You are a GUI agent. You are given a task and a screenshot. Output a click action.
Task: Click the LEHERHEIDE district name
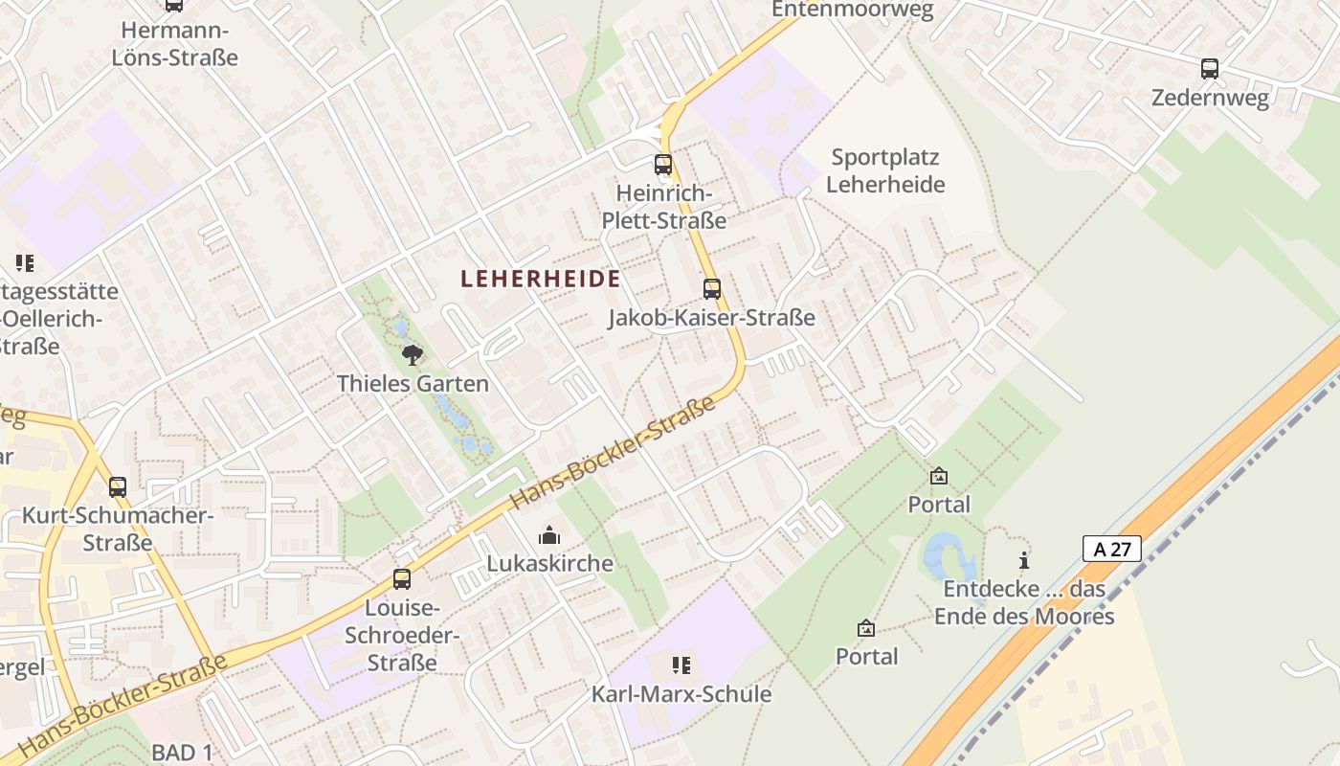click(540, 279)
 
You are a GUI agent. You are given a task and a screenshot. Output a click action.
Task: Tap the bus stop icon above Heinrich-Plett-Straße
click(663, 164)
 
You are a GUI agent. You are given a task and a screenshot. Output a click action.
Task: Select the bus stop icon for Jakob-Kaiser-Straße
click(711, 288)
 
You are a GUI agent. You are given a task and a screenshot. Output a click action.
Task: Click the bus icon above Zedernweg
click(1210, 68)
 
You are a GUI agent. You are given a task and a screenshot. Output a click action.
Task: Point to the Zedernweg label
click(1210, 98)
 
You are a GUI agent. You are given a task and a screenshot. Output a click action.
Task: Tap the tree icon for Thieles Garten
click(413, 355)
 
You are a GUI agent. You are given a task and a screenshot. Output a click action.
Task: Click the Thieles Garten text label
click(413, 384)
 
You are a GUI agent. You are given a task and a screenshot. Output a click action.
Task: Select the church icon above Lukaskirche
click(549, 534)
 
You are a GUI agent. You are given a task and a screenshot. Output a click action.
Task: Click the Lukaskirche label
click(549, 563)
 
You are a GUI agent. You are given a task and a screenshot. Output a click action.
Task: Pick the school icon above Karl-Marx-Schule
click(681, 665)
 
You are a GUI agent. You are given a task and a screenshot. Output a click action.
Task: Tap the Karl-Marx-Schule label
click(681, 694)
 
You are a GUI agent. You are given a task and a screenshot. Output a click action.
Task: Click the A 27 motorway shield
click(1112, 549)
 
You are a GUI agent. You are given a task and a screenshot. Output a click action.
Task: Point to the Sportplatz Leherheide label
click(885, 170)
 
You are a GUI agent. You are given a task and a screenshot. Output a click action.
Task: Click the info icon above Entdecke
click(1024, 560)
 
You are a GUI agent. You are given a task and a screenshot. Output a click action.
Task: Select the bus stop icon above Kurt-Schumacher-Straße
click(117, 486)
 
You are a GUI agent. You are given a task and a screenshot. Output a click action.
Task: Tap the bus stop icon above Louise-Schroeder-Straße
click(402, 578)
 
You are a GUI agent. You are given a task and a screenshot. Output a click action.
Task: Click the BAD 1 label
click(182, 753)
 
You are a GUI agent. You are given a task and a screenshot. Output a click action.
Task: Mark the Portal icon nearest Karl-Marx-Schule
click(866, 628)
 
